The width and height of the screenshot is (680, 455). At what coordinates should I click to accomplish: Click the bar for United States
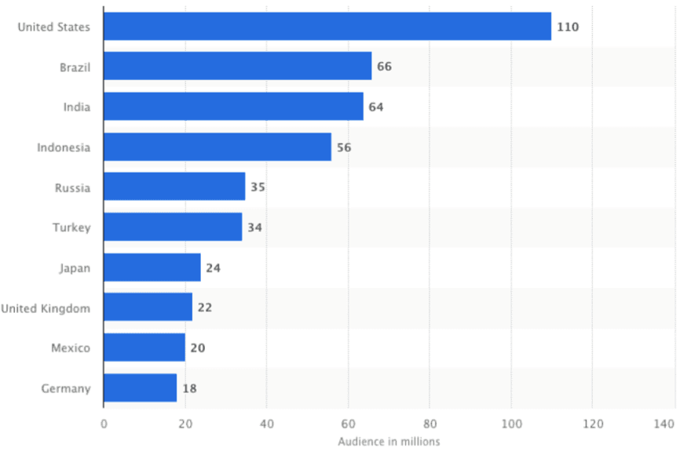pyautogui.click(x=327, y=27)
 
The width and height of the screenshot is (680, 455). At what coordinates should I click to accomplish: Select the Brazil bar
pyautogui.click(x=237, y=67)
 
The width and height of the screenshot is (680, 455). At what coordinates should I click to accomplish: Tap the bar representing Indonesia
pyautogui.click(x=217, y=147)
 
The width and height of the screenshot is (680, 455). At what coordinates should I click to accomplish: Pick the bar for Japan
pyautogui.click(x=152, y=268)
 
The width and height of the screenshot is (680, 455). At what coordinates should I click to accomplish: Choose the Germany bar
pyautogui.click(x=140, y=388)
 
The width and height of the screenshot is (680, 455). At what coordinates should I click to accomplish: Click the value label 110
pyautogui.click(x=568, y=27)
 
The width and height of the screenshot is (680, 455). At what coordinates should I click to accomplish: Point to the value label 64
pyautogui.click(x=376, y=107)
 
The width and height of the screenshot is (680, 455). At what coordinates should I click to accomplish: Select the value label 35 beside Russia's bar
pyautogui.click(x=258, y=187)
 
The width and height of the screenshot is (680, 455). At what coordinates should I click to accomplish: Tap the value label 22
pyautogui.click(x=205, y=308)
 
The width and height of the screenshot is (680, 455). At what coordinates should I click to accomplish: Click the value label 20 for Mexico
pyautogui.click(x=198, y=348)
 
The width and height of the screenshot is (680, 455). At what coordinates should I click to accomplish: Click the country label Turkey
pyautogui.click(x=72, y=227)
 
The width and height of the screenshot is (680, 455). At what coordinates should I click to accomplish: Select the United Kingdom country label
pyautogui.click(x=46, y=308)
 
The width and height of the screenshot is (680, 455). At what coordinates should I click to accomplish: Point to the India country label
pyautogui.click(x=77, y=107)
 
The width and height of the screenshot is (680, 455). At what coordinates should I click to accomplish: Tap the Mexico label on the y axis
pyautogui.click(x=71, y=348)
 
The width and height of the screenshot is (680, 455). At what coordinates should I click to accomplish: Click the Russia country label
pyautogui.click(x=72, y=187)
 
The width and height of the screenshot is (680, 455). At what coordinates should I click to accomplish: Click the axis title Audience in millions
pyautogui.click(x=389, y=442)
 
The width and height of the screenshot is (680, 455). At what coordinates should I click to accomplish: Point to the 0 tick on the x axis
pyautogui.click(x=104, y=424)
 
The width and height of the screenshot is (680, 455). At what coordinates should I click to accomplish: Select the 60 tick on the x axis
pyautogui.click(x=348, y=424)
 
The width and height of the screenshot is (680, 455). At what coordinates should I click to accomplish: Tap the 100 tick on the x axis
pyautogui.click(x=511, y=424)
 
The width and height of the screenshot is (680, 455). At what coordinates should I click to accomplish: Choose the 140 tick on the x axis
pyautogui.click(x=664, y=424)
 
